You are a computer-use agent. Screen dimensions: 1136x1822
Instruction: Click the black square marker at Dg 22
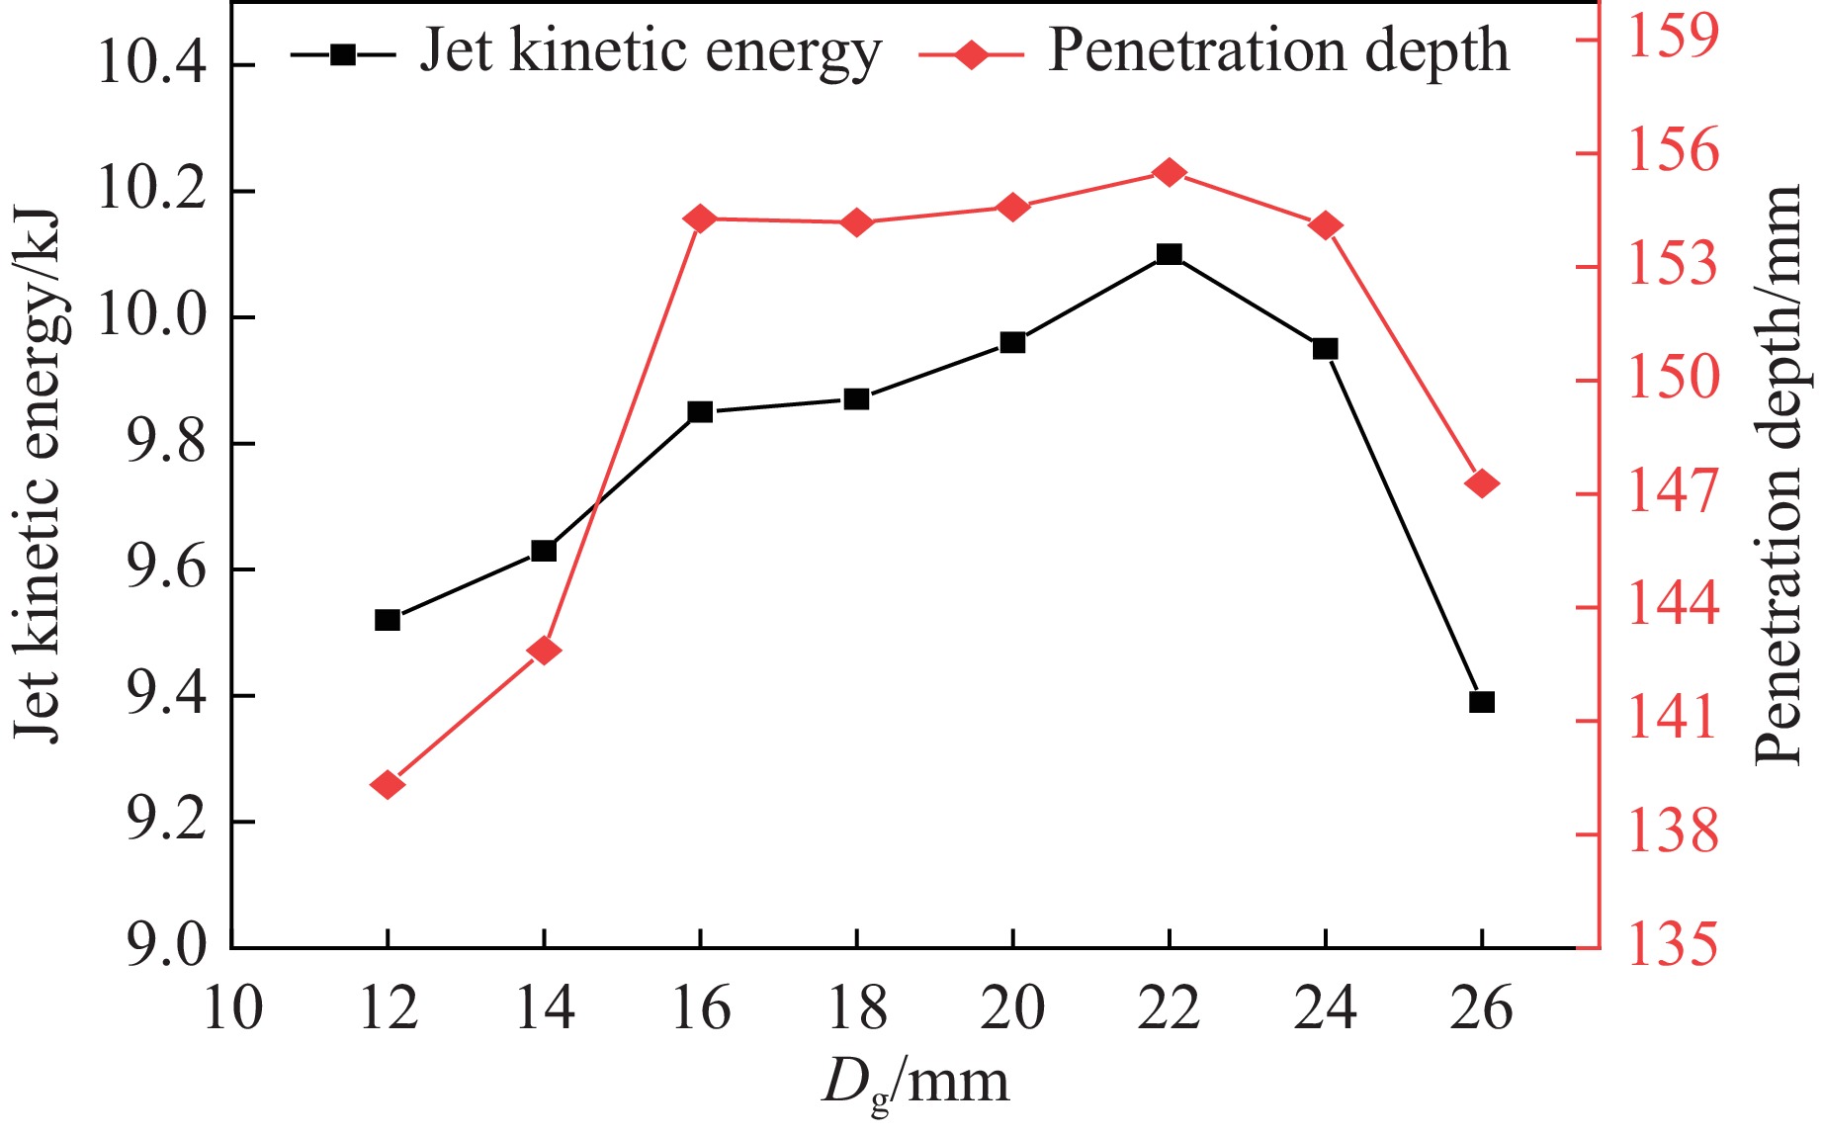[1170, 254]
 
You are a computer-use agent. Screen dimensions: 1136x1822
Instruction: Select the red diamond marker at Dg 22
[1170, 173]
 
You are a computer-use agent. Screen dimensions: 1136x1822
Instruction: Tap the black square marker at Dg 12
[388, 620]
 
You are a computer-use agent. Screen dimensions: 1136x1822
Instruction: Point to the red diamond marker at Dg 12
[388, 785]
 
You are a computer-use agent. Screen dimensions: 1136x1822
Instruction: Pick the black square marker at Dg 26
[1482, 702]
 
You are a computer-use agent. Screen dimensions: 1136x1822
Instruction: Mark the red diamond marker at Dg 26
[1482, 483]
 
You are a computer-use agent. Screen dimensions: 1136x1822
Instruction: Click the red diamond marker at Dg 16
[700, 218]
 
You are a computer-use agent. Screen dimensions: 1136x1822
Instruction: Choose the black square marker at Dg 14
[544, 550]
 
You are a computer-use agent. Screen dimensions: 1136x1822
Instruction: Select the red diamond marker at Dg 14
[544, 651]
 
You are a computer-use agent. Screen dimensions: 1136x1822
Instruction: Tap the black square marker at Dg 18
[856, 399]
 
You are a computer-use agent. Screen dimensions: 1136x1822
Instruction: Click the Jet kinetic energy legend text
[650, 51]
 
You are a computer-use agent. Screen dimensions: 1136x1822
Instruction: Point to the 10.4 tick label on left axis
[151, 65]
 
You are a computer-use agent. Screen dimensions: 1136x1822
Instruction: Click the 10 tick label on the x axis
[232, 1010]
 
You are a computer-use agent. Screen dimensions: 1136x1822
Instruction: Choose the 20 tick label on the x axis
[1012, 1010]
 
